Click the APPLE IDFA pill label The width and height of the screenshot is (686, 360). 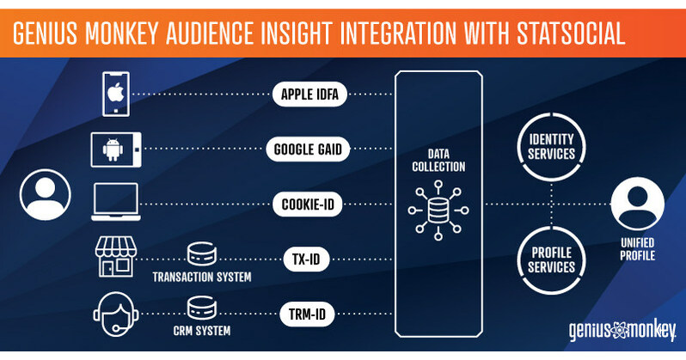[309, 95]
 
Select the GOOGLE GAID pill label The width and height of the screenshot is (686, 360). [309, 149]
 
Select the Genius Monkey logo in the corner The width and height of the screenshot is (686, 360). [621, 331]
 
